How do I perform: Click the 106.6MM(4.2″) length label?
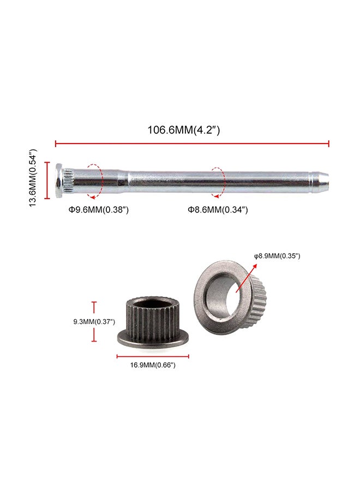[x=183, y=130]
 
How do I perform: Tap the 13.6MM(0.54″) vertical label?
[x=33, y=178]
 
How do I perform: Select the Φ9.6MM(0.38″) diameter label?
[x=99, y=209]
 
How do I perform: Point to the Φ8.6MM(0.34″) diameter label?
[x=218, y=209]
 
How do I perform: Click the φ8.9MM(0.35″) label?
[x=277, y=256]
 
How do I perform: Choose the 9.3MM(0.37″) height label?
[x=94, y=321]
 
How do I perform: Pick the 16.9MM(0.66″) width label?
[x=153, y=365]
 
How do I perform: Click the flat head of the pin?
[x=58, y=181]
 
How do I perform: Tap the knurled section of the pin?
[x=68, y=180]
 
